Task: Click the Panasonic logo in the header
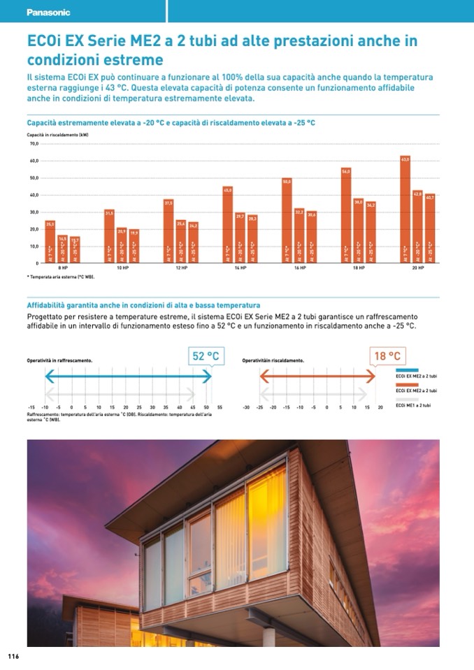[x=48, y=13]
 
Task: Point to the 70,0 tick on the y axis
[x=33, y=144]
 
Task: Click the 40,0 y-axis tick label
[x=33, y=195]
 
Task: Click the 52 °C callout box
[x=206, y=356]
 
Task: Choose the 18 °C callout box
[x=387, y=356]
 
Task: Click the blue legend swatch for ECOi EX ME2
[x=407, y=370]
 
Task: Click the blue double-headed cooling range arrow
[x=128, y=377]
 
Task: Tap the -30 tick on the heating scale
[x=246, y=407]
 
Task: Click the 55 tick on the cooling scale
[x=220, y=407]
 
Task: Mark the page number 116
[x=13, y=657]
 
